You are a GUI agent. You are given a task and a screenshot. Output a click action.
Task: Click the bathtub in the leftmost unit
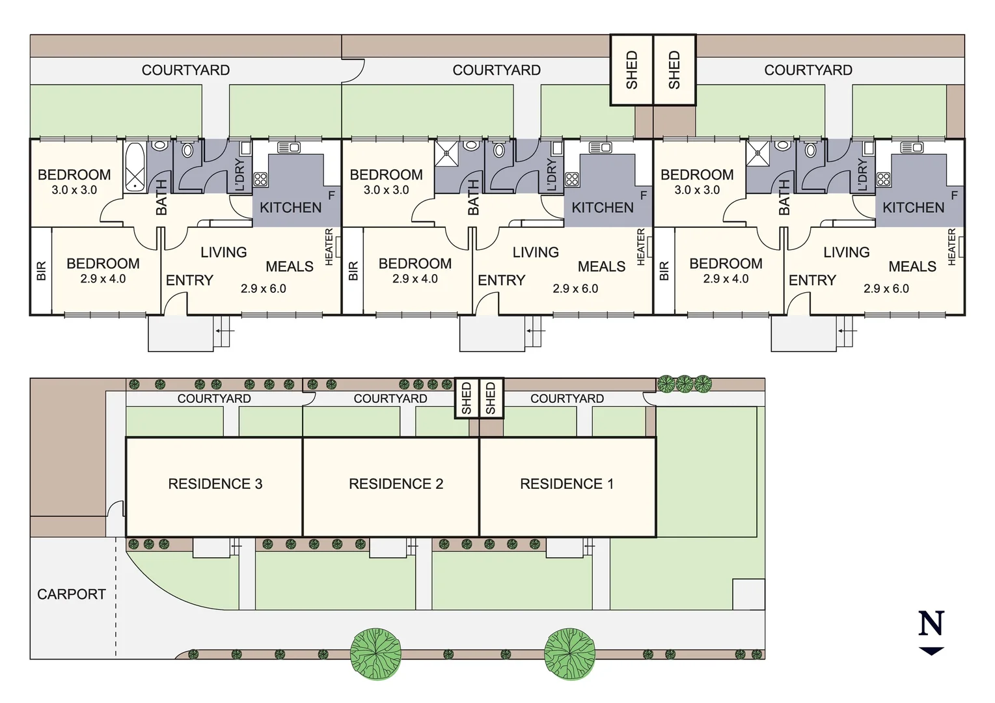click(135, 167)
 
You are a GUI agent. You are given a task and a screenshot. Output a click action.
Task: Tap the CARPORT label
click(71, 594)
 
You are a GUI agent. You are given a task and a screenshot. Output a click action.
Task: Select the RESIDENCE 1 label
click(566, 484)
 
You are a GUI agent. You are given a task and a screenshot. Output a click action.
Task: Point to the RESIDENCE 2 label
click(396, 484)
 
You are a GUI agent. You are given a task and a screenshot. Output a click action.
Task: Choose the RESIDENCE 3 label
click(215, 484)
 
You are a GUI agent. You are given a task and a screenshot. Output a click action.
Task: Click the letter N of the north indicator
click(931, 624)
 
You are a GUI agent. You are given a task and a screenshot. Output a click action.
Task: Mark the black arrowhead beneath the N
click(931, 650)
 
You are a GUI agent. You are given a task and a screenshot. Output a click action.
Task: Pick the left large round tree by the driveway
click(375, 654)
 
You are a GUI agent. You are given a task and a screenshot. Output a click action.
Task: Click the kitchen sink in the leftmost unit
click(288, 148)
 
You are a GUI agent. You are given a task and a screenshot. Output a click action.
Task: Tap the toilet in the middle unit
click(499, 150)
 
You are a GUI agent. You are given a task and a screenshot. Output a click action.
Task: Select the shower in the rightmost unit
click(757, 154)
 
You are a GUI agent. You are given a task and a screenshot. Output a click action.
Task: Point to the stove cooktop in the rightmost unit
click(883, 179)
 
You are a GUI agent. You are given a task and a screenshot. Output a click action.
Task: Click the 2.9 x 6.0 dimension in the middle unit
click(575, 288)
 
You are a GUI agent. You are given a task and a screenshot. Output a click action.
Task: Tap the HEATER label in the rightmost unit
click(952, 247)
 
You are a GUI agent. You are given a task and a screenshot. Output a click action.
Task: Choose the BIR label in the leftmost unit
click(42, 271)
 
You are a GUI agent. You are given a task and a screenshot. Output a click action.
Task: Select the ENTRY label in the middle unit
click(501, 281)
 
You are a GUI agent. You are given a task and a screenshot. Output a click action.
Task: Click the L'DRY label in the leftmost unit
click(239, 174)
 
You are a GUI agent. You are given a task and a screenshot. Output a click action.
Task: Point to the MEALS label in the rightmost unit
click(912, 266)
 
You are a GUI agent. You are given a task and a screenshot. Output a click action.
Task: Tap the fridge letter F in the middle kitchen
click(644, 195)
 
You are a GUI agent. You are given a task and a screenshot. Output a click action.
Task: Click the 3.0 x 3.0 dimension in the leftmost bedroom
click(74, 190)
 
